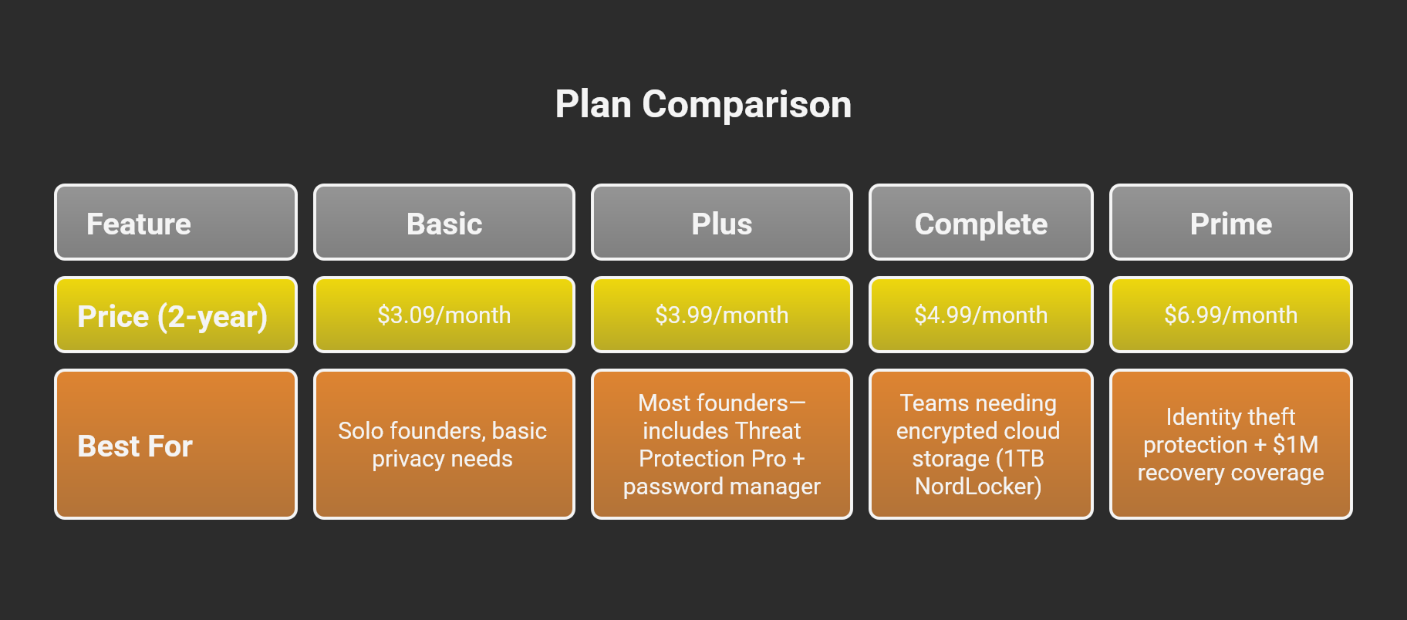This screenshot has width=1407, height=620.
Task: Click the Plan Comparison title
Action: (703, 104)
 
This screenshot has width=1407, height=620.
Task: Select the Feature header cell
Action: (176, 222)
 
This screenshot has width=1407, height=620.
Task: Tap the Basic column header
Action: (444, 222)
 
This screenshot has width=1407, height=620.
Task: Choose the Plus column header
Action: (722, 222)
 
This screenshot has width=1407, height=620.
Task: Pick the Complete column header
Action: (981, 222)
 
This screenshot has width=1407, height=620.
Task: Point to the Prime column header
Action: (1231, 222)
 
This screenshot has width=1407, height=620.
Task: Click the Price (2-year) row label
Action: (176, 315)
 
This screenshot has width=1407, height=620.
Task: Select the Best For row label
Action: (176, 444)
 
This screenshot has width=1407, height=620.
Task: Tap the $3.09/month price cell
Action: (444, 315)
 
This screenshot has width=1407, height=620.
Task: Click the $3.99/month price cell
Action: (722, 315)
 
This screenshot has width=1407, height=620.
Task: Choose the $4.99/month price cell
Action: (981, 315)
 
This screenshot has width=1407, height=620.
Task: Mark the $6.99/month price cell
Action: (1231, 315)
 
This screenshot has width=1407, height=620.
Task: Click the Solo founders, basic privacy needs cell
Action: (444, 444)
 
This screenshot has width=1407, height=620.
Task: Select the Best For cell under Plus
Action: (722, 444)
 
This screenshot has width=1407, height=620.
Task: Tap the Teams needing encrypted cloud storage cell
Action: (981, 444)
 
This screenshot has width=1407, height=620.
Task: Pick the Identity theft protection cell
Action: (1231, 444)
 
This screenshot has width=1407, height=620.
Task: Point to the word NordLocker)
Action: (978, 487)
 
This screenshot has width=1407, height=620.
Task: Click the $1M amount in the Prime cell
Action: (1296, 445)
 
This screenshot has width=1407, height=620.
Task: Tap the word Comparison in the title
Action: (747, 105)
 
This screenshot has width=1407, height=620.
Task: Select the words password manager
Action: (722, 487)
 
